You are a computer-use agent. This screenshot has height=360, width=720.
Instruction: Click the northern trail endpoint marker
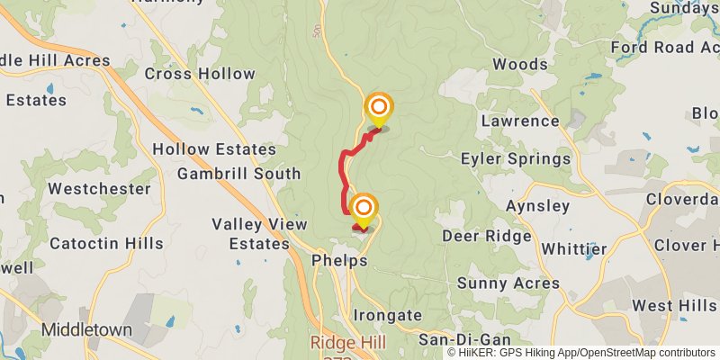(x=378, y=109)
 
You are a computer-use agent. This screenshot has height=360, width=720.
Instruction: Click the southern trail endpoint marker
(x=364, y=210)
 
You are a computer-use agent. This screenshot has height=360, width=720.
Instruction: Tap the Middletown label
(x=87, y=329)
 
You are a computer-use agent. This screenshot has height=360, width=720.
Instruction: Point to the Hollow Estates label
(x=214, y=148)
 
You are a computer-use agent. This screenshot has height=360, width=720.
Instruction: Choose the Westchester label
(x=99, y=189)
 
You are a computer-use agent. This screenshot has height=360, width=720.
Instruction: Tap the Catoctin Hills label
(x=106, y=243)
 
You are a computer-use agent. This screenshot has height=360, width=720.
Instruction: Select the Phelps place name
(x=339, y=261)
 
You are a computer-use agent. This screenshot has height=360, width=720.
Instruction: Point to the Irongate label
(x=387, y=315)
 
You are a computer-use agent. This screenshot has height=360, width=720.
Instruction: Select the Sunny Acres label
(x=508, y=283)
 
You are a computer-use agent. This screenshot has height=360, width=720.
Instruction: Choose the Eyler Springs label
(x=515, y=159)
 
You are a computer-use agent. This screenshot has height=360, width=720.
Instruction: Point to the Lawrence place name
(x=520, y=121)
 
